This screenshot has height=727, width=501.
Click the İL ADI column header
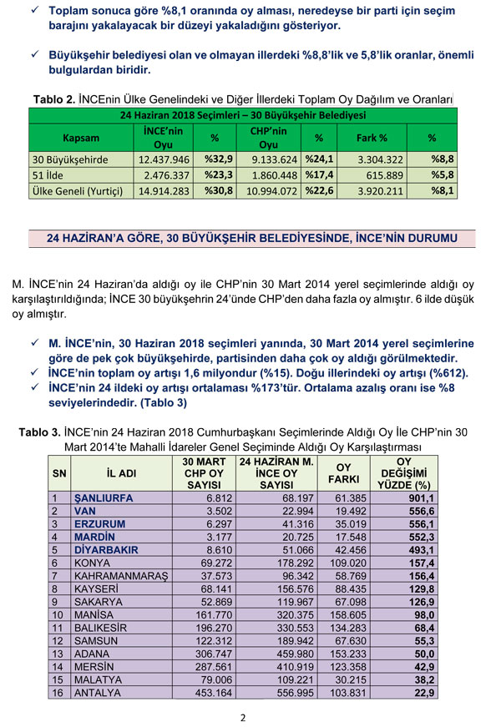pos(114,473)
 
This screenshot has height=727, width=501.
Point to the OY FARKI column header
pos(342,473)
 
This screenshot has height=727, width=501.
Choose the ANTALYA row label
pos(99,693)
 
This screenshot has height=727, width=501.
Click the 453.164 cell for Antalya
pos(205,693)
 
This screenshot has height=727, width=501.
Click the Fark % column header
pos(372,137)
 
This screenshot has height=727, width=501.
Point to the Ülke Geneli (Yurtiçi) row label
pos(78,191)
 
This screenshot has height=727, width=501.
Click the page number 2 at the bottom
pos(242,717)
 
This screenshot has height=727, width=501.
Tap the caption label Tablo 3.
pos(38,432)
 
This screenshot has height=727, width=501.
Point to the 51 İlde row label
pos(49,174)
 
